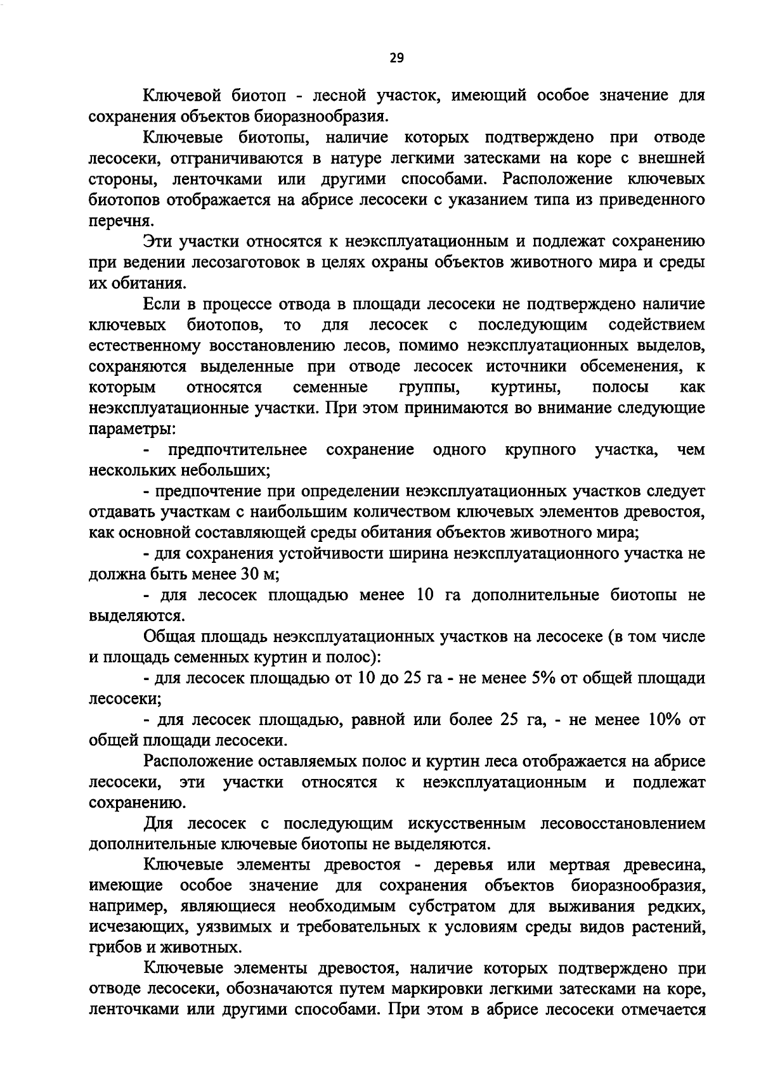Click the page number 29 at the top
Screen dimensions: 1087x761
396,58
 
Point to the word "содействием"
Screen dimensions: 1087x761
656,325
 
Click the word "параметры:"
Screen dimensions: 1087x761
132,429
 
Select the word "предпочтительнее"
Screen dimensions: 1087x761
238,450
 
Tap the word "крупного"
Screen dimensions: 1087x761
540,450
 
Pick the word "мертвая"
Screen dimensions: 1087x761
571,865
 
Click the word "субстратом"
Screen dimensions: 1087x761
450,906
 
